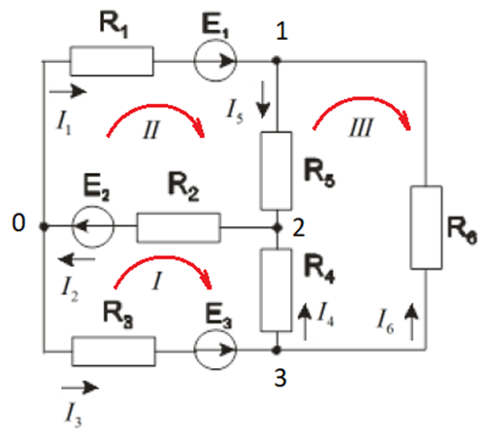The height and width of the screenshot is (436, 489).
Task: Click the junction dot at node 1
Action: pos(277,60)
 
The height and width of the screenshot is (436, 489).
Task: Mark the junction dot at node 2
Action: pos(277,228)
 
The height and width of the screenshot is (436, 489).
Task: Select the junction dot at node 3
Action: pos(277,350)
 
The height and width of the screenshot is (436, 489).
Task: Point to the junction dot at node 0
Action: pos(44,226)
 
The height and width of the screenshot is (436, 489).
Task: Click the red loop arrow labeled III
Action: pos(362,98)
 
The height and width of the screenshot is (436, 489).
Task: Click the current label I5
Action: pos(235,112)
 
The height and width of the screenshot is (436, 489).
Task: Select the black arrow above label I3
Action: pos(80,387)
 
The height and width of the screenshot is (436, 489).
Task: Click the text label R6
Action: pos(462,230)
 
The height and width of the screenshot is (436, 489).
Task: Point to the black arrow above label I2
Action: pos(77,259)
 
